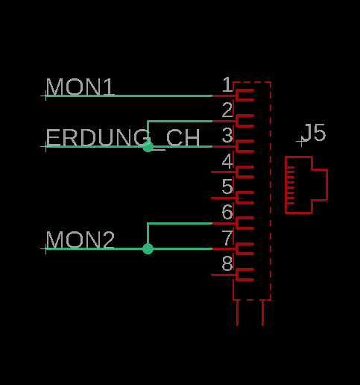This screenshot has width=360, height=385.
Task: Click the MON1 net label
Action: [80, 87]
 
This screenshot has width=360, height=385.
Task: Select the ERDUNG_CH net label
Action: [123, 138]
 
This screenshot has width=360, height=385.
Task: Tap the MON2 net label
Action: [80, 240]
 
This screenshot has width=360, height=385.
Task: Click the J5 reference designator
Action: [315, 133]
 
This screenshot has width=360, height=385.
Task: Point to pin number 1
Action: [227, 84]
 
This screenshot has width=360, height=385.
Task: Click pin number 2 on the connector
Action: [227, 110]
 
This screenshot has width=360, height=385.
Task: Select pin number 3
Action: [227, 135]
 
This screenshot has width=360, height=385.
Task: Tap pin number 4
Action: [227, 161]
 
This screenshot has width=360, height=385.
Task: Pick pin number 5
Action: [227, 187]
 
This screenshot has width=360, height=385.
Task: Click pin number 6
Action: [227, 212]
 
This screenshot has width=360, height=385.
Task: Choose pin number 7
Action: [227, 238]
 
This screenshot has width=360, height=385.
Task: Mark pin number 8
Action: [227, 263]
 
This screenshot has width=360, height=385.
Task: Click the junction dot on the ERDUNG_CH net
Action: [148, 146]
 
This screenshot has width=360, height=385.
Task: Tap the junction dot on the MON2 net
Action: [148, 248]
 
